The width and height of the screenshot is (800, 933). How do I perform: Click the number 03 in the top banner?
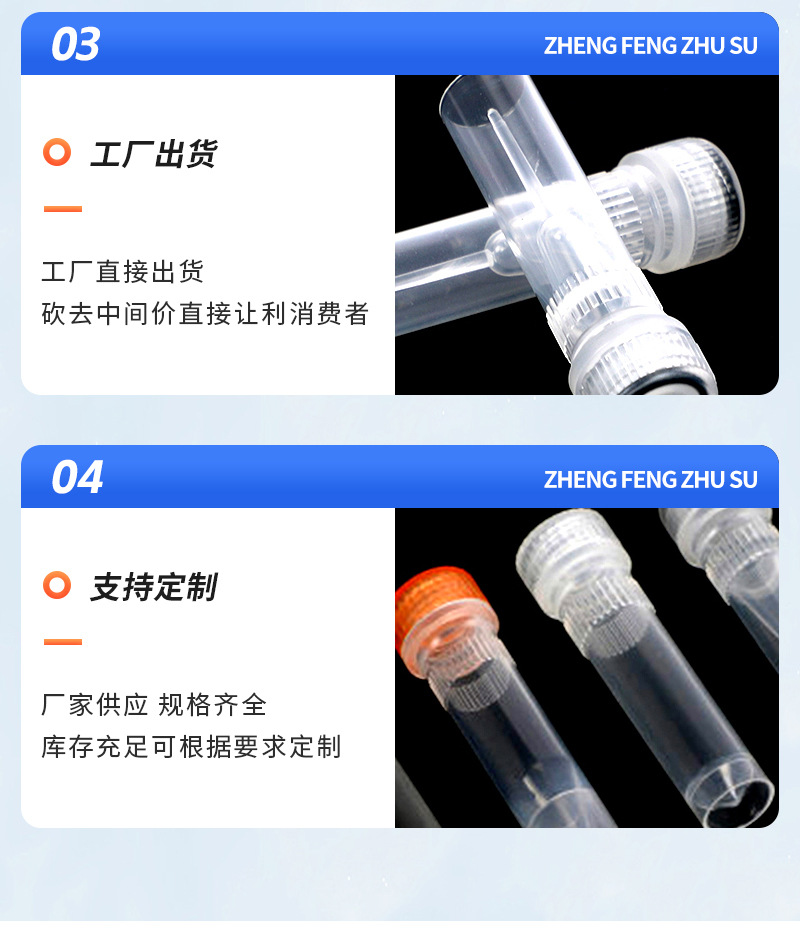pos(76,45)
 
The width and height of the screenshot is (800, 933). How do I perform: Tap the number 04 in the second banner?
pos(77,478)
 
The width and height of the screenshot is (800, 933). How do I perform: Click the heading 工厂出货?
pos(153,154)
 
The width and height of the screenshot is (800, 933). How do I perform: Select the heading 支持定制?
pos(153,587)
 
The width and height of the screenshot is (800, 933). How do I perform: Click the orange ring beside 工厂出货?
pos(57,153)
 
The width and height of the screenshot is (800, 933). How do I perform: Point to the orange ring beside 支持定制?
pos(57,586)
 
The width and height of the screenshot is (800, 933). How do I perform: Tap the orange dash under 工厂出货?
pos(62,209)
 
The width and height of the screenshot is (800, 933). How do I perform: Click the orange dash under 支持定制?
pos(62,642)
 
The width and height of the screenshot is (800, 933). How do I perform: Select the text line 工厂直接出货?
pos(123,272)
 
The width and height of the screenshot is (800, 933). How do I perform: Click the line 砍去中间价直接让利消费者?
pos(205,314)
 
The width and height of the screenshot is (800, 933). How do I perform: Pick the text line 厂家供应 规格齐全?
pos(154,704)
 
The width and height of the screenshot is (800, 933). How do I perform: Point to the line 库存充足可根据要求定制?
pos(191,747)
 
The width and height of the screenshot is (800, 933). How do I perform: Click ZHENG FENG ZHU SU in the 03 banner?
pos(650,46)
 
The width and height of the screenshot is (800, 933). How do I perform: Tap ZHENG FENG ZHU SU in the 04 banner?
pos(650,479)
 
